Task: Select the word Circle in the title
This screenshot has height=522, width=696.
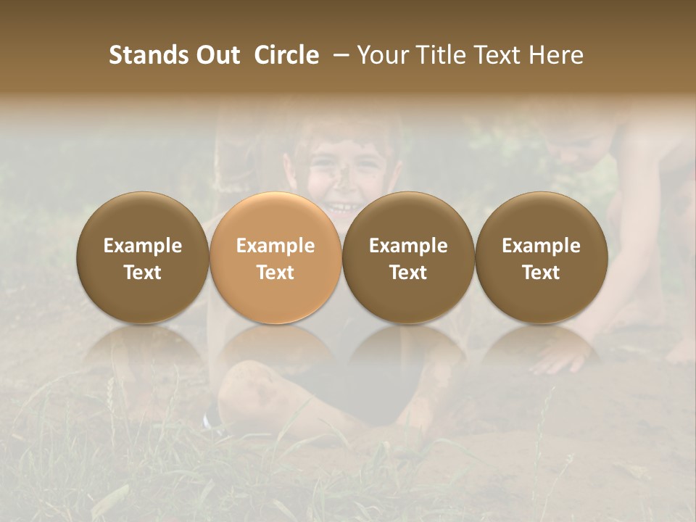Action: click(286, 55)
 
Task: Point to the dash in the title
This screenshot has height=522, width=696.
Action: click(338, 55)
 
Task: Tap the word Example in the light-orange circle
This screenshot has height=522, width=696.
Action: click(275, 246)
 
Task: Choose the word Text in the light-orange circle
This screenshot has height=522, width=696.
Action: click(275, 273)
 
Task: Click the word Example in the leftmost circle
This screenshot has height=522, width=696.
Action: click(143, 246)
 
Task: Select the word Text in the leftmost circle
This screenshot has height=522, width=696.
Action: click(143, 273)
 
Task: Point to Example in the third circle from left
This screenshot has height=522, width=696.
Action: click(408, 246)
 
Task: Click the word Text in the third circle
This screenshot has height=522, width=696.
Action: click(408, 273)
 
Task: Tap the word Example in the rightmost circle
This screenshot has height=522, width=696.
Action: click(541, 246)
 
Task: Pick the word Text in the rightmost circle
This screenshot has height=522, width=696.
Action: click(541, 273)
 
